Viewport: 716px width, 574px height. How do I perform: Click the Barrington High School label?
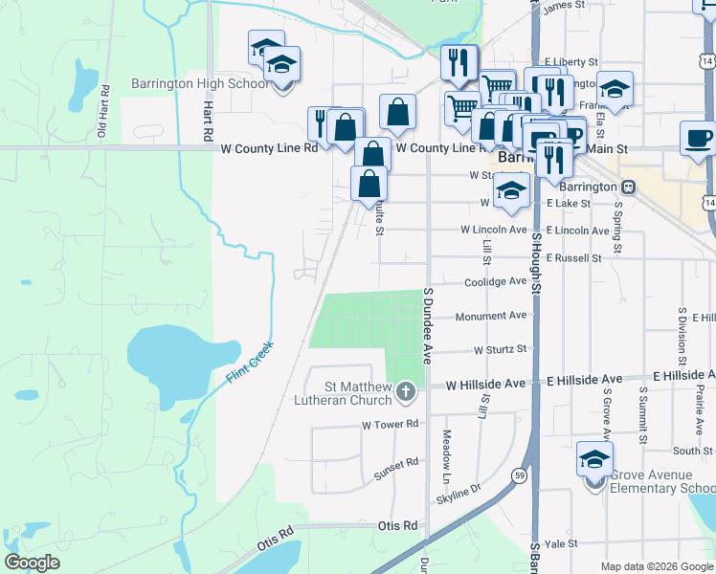[200, 83]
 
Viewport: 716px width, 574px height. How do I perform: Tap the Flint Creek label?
[250, 363]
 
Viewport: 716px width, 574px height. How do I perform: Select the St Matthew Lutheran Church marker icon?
[406, 391]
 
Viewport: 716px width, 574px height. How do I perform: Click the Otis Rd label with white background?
[397, 525]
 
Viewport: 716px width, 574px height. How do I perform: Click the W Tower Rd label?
[391, 424]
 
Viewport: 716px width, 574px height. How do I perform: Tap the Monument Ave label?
[491, 316]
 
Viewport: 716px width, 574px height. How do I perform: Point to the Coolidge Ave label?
[495, 282]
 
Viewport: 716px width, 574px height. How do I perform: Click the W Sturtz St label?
[500, 350]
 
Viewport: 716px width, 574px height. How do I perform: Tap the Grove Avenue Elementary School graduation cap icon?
[595, 459]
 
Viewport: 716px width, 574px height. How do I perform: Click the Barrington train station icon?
[629, 187]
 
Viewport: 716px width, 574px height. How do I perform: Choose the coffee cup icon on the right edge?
[698, 139]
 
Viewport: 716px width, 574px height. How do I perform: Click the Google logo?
[33, 563]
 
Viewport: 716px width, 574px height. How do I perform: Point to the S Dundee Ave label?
[427, 325]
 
